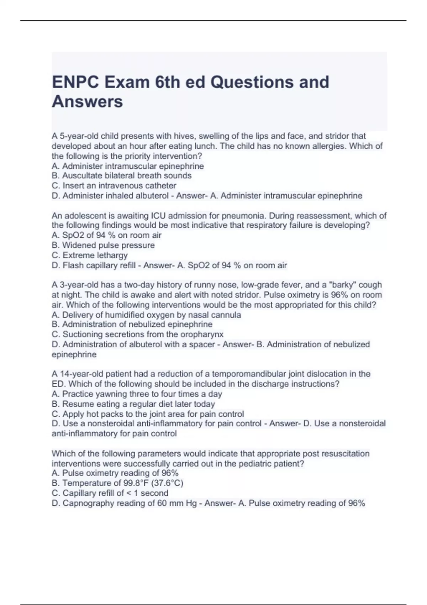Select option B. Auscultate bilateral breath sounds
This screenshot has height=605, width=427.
pos(121,175)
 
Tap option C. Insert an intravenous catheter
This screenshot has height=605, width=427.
pos(114,185)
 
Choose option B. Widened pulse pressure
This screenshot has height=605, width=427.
pos(103,245)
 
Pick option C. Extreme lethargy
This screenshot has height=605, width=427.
pos(90,255)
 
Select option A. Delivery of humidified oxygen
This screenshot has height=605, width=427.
pos(146,315)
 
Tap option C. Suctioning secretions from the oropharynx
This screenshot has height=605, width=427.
pos(138,334)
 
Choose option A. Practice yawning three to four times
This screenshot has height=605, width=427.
pos(137,394)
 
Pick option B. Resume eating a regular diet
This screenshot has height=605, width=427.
pos(133,404)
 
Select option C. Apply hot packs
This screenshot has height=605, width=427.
pos(148,414)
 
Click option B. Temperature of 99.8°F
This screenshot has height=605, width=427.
pos(117,483)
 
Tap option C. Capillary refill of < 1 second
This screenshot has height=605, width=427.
pos(110,493)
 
